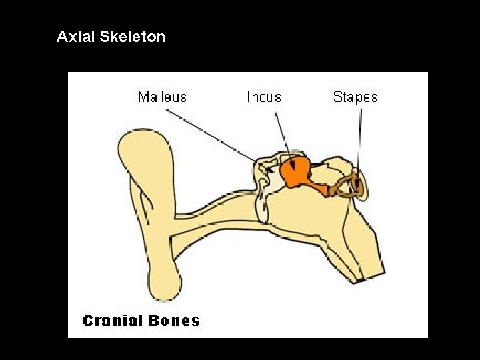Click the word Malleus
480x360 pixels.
coord(162,97)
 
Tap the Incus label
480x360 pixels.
coord(264,97)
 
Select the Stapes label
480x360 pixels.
coord(355,97)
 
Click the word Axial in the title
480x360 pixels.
coord(76,37)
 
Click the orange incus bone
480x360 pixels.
coord(296,173)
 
